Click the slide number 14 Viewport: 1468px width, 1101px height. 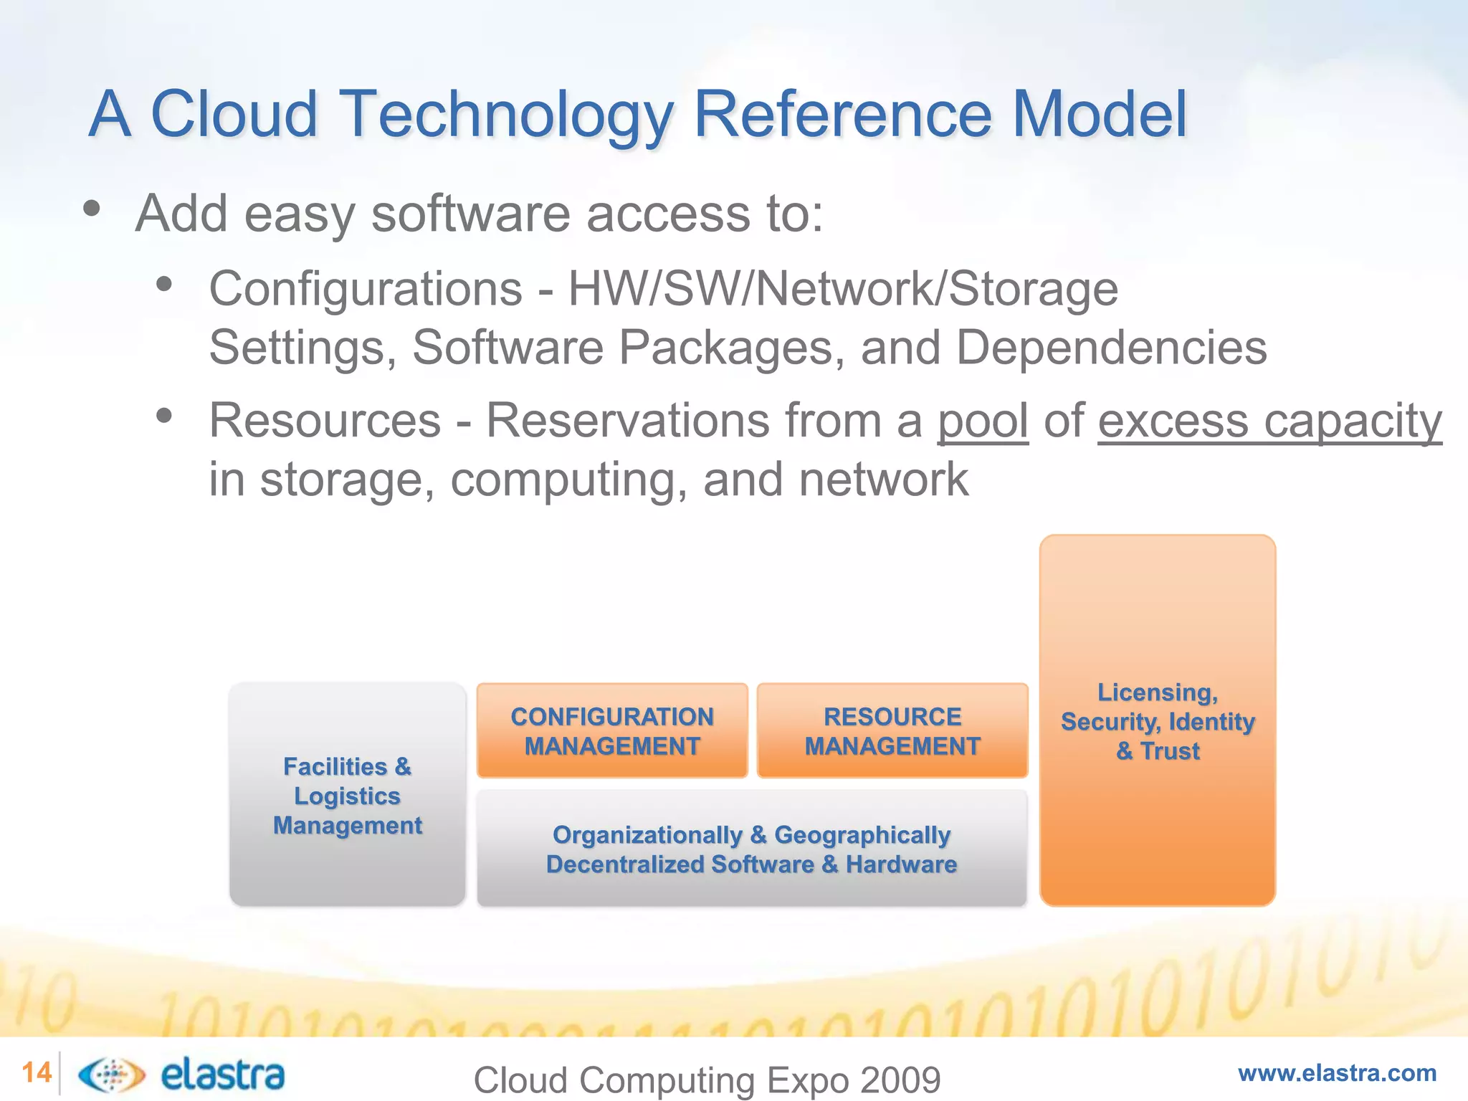click(37, 1073)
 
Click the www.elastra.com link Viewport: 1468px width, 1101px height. click(1337, 1073)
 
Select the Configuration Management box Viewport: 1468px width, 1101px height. click(612, 730)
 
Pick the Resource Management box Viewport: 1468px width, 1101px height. click(892, 730)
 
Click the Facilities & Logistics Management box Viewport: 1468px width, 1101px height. click(348, 795)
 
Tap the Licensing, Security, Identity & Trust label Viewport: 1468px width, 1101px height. click(1158, 721)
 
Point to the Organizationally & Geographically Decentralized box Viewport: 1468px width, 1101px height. click(752, 849)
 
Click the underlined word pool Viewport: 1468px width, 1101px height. click(983, 421)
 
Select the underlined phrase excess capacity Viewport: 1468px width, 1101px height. click(1269, 421)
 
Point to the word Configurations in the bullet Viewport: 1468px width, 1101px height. click(366, 289)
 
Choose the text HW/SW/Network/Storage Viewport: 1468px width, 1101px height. click(843, 289)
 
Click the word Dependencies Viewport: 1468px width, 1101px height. click(1111, 348)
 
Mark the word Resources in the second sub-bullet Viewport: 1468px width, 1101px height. click(325, 421)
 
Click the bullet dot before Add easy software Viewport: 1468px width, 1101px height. click(91, 209)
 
